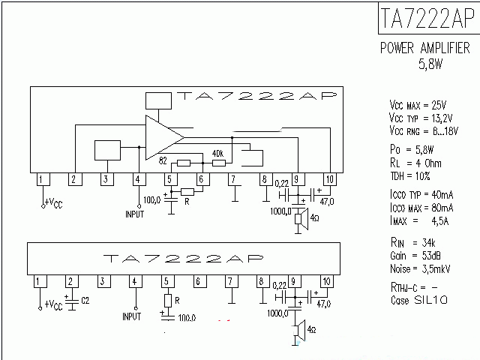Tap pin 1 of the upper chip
coord(43,178)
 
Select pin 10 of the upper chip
coord(328,178)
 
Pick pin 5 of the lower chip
coord(166,282)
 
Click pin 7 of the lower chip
coord(230,282)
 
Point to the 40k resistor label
coord(218,153)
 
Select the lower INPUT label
coord(132,316)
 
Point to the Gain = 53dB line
coord(408,256)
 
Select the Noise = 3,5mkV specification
coord(414,268)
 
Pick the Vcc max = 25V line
coord(418,104)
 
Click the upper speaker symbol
coord(298,219)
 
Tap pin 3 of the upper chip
coord(106,178)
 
